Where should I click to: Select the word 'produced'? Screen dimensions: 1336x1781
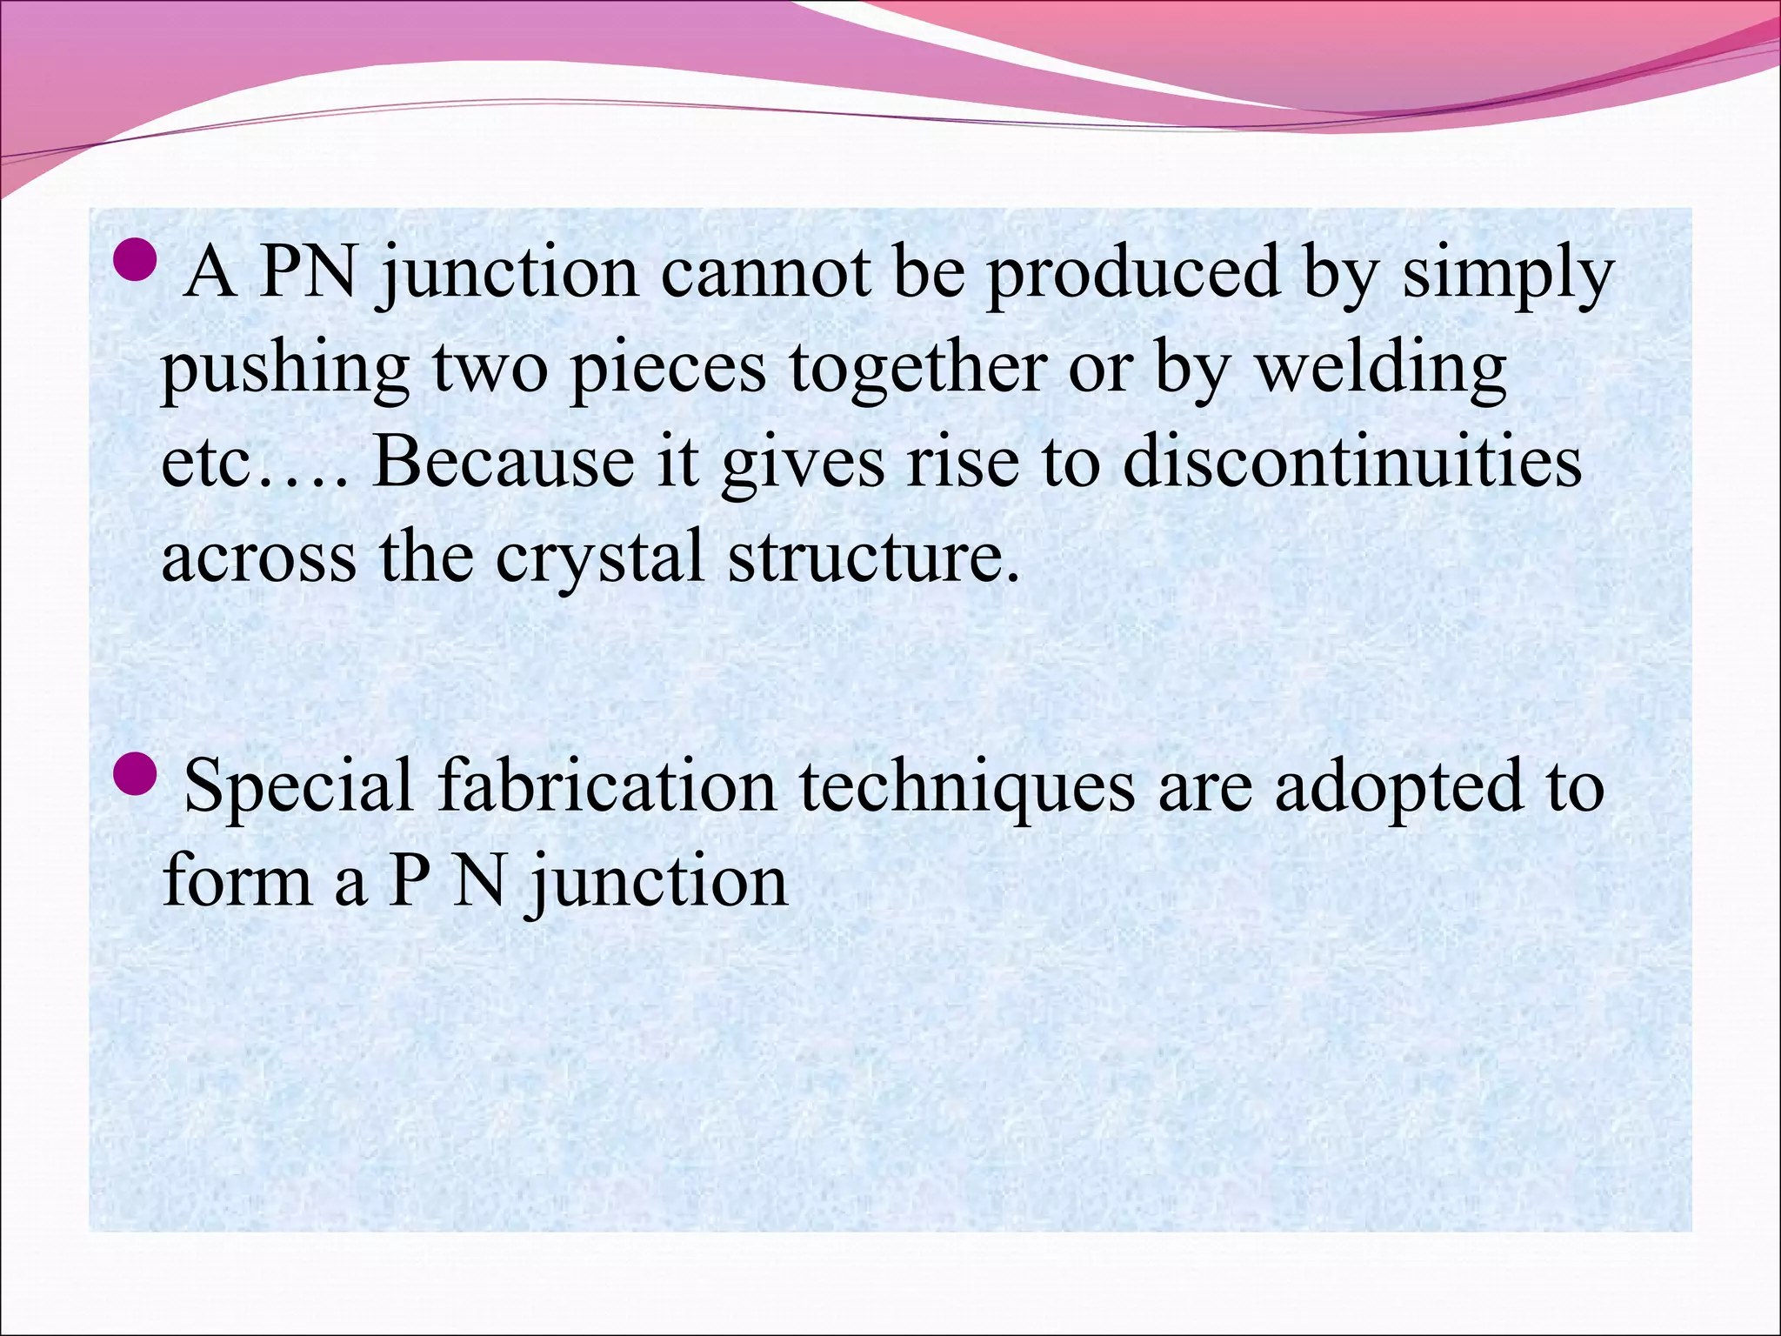[x=1132, y=274]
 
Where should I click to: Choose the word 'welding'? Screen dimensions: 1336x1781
[x=1382, y=368]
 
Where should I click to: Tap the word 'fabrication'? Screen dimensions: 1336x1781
[x=606, y=785]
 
